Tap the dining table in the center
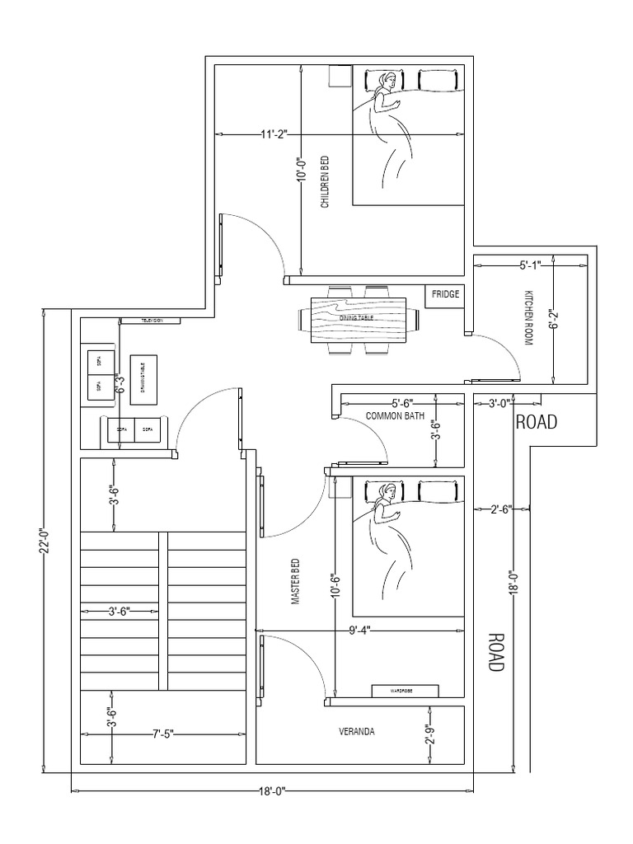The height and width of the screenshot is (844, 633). point(359,319)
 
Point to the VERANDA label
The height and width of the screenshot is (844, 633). point(357,731)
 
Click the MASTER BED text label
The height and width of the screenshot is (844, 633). point(295,583)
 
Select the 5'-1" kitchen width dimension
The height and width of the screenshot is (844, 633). point(530,265)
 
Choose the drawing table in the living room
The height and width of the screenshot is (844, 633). point(142,377)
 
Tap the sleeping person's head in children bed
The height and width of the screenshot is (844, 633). point(385,82)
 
